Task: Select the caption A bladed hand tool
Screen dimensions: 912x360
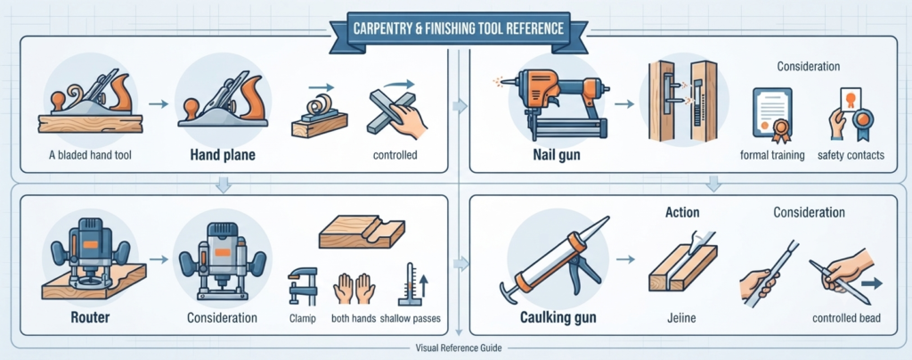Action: point(90,155)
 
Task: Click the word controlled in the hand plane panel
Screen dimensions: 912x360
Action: point(395,155)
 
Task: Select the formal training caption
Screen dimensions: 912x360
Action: point(772,155)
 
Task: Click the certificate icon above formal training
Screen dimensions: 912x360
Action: point(772,115)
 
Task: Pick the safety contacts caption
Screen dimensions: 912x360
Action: point(851,155)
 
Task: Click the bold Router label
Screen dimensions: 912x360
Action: point(87,317)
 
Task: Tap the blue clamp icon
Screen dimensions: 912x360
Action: point(303,286)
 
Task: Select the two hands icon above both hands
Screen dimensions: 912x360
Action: point(353,287)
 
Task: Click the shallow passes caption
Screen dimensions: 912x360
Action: point(410,319)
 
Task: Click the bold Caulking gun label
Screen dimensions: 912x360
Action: point(558,318)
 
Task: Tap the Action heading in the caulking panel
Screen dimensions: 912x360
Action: point(681,212)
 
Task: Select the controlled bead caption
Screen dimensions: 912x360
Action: point(847,318)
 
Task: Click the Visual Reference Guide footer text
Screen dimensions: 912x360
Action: point(459,348)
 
